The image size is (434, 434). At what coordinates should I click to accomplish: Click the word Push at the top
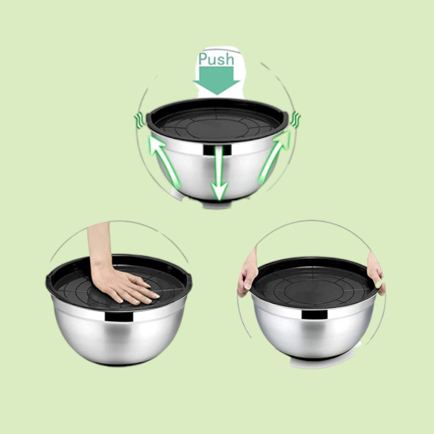pos(216,59)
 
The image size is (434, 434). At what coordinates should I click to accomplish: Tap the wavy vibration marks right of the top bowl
pos(296,119)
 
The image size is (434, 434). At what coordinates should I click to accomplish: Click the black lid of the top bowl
pos(217,122)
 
